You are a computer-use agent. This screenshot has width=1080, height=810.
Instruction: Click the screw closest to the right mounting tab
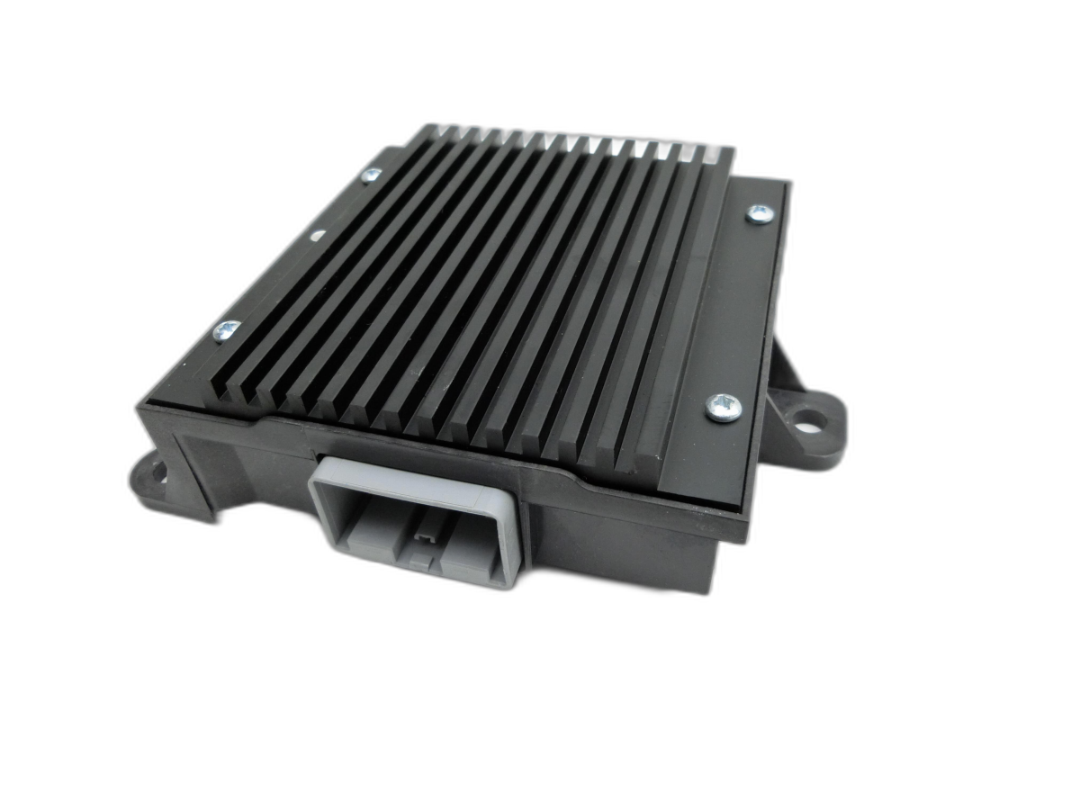pyautogui.click(x=723, y=407)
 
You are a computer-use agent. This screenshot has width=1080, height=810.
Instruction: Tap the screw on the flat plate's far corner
pyautogui.click(x=760, y=213)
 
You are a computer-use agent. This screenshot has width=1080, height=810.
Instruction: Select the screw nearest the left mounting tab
pyautogui.click(x=226, y=330)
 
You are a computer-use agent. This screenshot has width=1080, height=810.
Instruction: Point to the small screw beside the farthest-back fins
pyautogui.click(x=371, y=175)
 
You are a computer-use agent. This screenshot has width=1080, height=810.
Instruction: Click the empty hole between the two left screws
pyautogui.click(x=317, y=236)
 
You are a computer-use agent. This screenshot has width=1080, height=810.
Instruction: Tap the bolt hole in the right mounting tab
pyautogui.click(x=813, y=419)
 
